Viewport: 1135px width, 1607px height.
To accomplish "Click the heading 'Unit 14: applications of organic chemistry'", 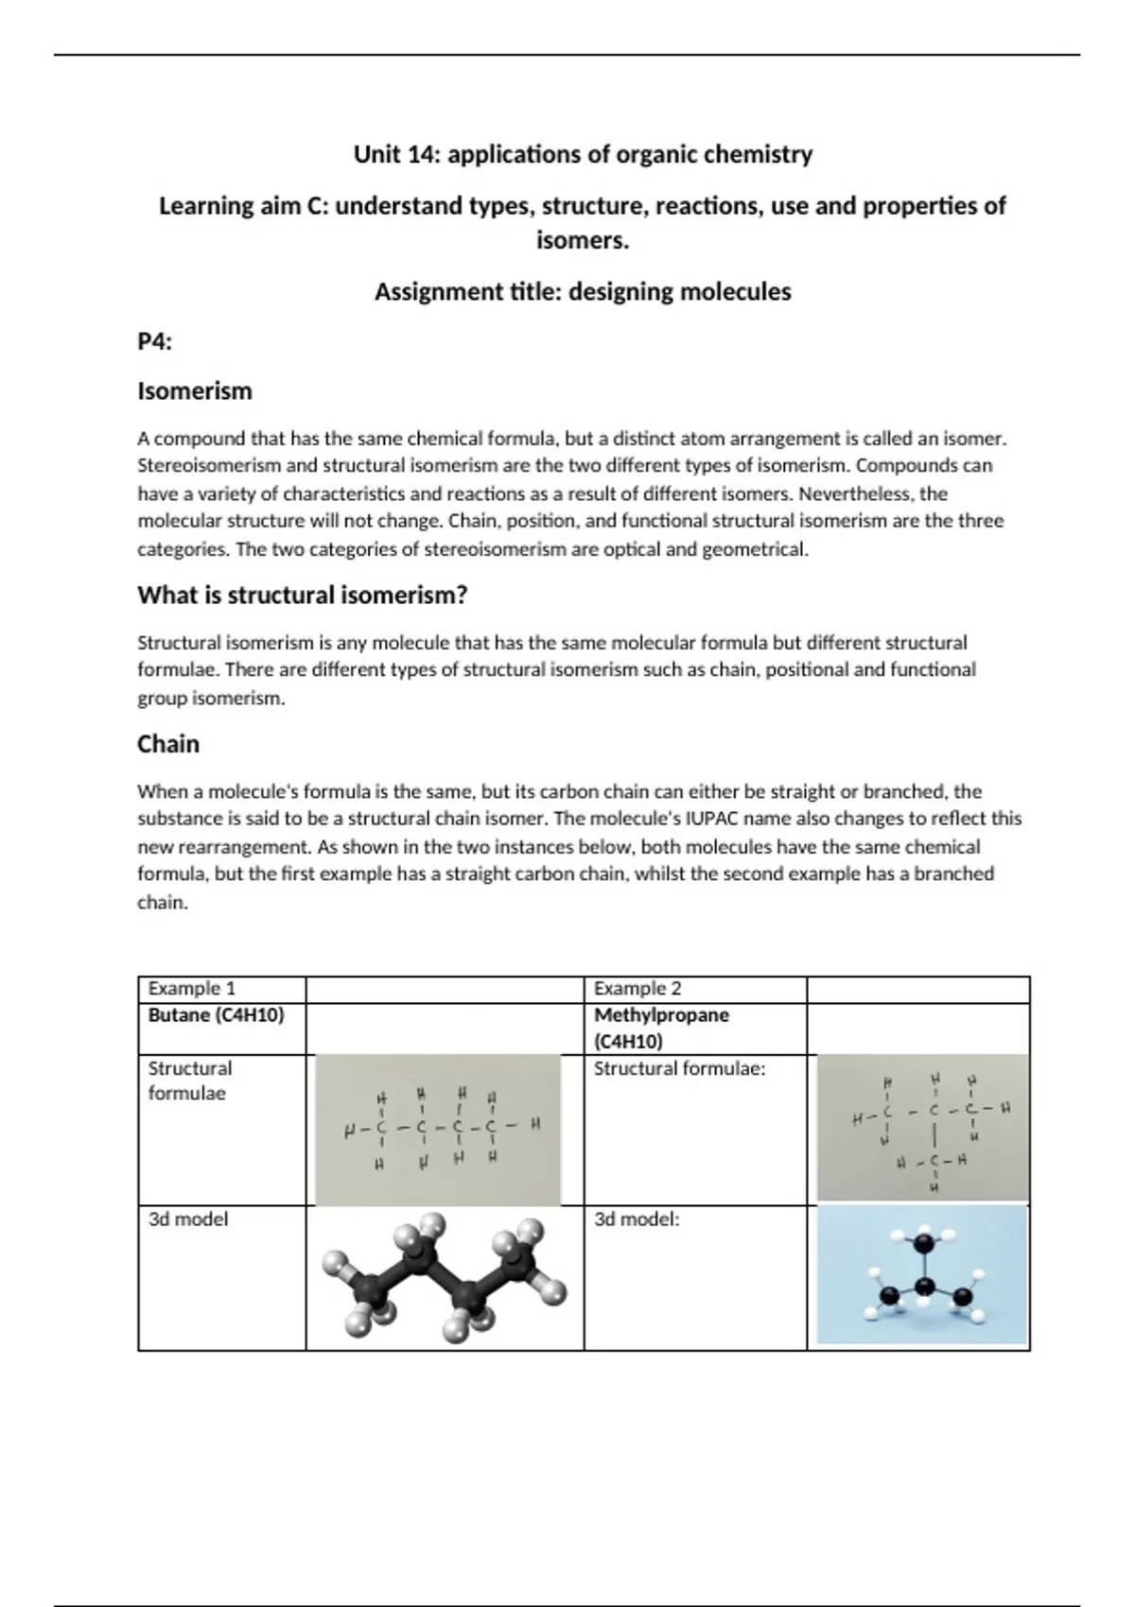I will [583, 154].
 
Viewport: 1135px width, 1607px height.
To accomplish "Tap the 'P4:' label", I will [154, 342].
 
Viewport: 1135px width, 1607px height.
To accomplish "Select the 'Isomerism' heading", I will [195, 391].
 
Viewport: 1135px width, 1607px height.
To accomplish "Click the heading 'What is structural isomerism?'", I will [303, 596].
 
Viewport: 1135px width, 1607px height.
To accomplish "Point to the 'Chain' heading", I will [168, 744].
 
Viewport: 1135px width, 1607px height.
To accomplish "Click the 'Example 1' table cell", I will [192, 989].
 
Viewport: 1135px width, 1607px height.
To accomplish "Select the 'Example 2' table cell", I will [637, 989].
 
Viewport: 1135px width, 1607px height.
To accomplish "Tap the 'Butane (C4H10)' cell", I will [216, 1015].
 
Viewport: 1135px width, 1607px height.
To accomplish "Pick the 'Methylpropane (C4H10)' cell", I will [661, 1028].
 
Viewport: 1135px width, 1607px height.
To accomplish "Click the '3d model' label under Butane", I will [188, 1219].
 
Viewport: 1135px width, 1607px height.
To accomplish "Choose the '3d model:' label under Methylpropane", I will [637, 1219].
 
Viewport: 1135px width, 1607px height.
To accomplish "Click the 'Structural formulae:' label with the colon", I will [679, 1068].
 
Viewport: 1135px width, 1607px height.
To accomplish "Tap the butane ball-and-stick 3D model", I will [445, 1278].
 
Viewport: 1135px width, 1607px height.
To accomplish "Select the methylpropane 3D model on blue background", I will [921, 1276].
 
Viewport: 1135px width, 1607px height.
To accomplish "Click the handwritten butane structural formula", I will [437, 1129].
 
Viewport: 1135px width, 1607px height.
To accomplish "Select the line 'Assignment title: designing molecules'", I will [583, 292].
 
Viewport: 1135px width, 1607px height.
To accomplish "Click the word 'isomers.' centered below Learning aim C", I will [583, 241].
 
